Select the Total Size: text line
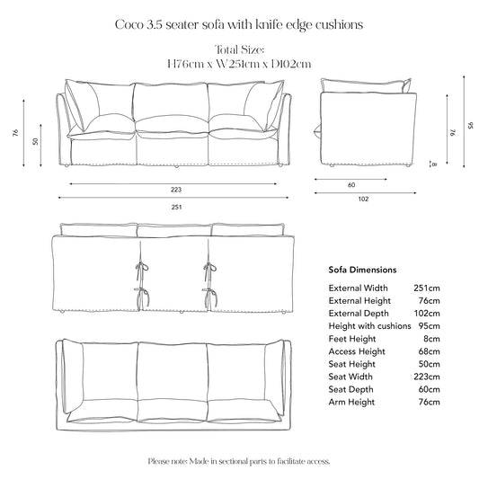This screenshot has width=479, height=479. [x=239, y=49]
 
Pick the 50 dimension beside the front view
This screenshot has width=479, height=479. [x=36, y=142]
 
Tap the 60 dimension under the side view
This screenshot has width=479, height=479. [x=350, y=186]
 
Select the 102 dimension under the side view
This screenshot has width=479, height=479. [x=362, y=201]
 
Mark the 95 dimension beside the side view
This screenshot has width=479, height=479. [x=469, y=126]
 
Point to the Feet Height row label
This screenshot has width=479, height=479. [x=350, y=350]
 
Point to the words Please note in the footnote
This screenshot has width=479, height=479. [x=166, y=461]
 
